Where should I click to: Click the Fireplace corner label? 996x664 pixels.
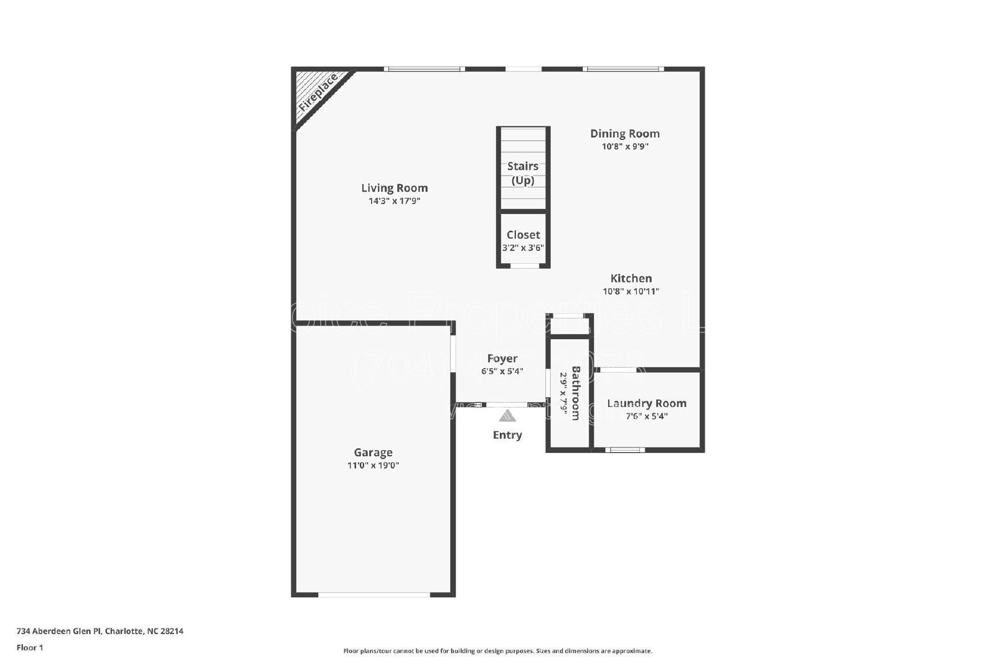click(x=317, y=92)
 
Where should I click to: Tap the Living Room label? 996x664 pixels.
click(x=394, y=188)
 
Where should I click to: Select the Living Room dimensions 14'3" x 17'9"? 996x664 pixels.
click(x=394, y=201)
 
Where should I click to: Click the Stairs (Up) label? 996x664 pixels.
click(x=523, y=173)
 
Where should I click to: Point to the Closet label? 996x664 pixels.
click(x=523, y=235)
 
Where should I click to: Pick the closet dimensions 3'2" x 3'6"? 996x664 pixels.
click(x=523, y=248)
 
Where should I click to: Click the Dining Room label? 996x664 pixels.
click(x=624, y=133)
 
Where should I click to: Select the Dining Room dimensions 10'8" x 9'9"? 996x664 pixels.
click(x=625, y=147)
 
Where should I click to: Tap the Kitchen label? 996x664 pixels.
click(x=631, y=278)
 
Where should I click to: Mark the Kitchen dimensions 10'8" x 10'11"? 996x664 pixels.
click(x=631, y=291)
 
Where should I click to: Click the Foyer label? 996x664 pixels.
click(x=502, y=358)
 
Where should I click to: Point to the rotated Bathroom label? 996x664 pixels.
click(x=576, y=393)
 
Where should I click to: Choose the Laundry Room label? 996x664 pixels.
click(x=646, y=403)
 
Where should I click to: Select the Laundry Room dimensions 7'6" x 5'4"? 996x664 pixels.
click(x=646, y=416)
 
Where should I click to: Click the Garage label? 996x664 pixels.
click(x=373, y=452)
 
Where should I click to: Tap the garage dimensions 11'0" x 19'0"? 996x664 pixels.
click(x=373, y=465)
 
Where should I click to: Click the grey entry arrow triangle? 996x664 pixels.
click(x=507, y=416)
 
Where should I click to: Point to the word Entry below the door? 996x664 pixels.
click(x=507, y=435)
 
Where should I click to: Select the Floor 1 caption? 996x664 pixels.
click(x=30, y=648)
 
